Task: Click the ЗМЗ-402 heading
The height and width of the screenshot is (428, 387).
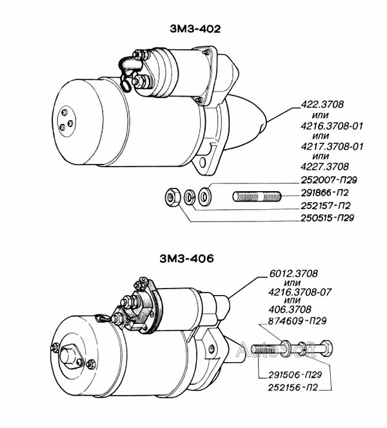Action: click(195, 29)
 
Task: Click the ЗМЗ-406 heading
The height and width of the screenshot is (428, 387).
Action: click(187, 258)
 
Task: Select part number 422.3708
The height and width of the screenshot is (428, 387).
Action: click(322, 105)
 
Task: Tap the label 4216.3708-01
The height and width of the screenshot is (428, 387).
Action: click(332, 126)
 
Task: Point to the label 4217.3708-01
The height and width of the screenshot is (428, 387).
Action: click(332, 147)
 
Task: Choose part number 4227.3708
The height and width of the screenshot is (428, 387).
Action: click(325, 167)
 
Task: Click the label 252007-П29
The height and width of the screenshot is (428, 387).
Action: click(329, 180)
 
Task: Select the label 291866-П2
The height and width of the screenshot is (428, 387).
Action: click(325, 193)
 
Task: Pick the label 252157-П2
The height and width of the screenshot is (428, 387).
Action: click(326, 205)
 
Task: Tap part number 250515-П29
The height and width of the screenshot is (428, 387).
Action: click(327, 218)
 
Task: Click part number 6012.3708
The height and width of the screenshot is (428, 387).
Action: click(293, 273)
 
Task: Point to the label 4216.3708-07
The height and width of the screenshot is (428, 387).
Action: click(300, 292)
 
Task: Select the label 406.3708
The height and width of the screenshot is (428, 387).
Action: click(290, 309)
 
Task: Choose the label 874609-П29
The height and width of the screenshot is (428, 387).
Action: click(297, 321)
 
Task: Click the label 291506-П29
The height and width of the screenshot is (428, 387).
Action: click(295, 375)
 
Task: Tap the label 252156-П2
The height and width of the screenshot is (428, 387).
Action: click(293, 387)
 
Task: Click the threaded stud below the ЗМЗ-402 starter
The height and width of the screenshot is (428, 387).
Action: click(257, 196)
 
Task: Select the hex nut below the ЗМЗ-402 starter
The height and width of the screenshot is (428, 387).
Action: click(172, 197)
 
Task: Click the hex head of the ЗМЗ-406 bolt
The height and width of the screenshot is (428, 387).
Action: click(326, 349)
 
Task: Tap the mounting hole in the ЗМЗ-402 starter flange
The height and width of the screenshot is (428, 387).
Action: click(203, 163)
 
